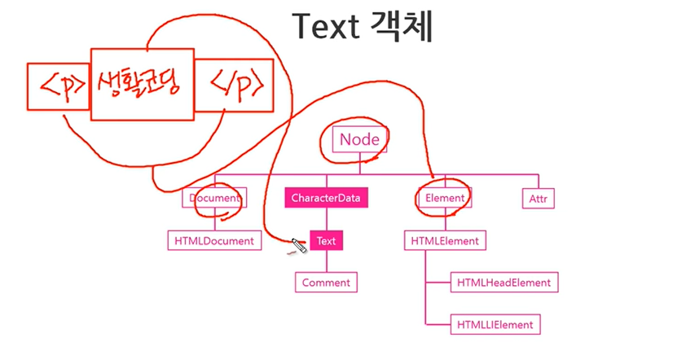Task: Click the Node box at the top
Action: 359,139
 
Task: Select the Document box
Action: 214,198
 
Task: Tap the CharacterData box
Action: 327,198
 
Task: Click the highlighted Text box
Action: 326,241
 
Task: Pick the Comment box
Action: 326,283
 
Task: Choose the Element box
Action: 444,198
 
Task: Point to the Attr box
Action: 539,198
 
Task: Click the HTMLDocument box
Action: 213,240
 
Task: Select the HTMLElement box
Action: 445,240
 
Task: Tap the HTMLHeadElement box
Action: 504,283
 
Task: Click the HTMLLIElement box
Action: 495,324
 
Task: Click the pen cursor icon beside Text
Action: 298,246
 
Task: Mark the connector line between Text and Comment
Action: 326,261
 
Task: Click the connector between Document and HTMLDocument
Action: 214,220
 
